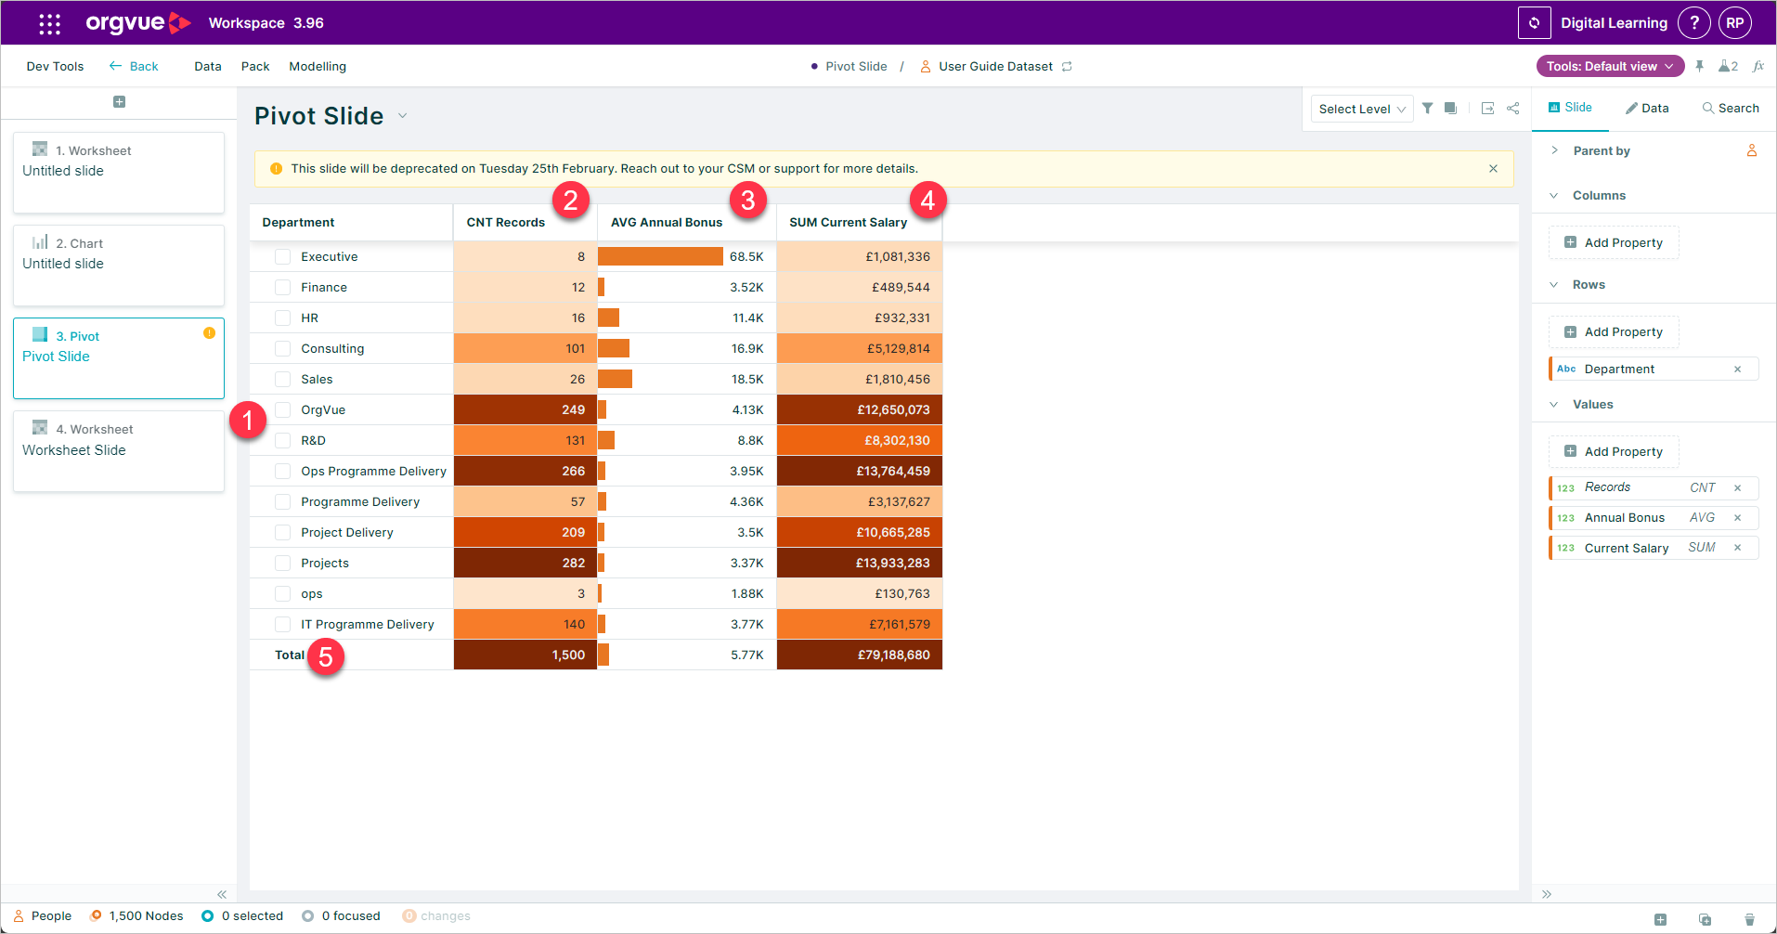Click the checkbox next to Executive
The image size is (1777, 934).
pos(283,257)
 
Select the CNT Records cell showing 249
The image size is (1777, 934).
pos(525,409)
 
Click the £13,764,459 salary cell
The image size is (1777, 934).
pos(860,471)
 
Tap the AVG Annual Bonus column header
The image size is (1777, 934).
pos(666,223)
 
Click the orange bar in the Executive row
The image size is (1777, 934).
pos(660,256)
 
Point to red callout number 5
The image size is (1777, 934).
pos(326,656)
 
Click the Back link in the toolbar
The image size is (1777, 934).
pos(135,67)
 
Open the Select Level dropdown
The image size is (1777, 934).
pos(1361,109)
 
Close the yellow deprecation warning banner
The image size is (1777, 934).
pos(1493,169)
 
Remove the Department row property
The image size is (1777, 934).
pos(1737,370)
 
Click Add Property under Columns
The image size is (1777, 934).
pos(1614,243)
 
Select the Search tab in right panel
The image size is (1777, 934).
pos(1731,109)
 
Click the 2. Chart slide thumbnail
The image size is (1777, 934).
pos(119,266)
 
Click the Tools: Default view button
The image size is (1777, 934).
pos(1610,67)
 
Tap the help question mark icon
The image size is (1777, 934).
pos(1693,23)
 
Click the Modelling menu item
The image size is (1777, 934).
pos(318,67)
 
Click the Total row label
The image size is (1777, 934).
pos(289,655)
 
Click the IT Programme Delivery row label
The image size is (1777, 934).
pos(367,625)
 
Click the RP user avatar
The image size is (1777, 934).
pos(1734,23)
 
